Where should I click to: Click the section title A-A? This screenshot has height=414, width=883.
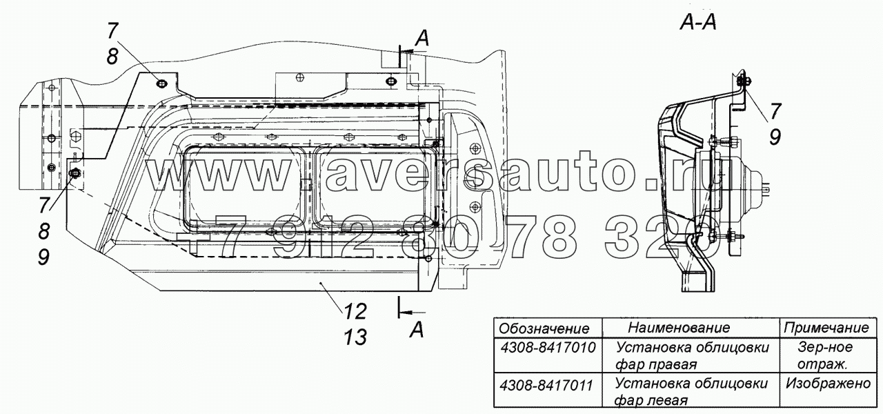pos(698,23)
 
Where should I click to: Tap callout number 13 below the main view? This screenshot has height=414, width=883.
pos(355,337)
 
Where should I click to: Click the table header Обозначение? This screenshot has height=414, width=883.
pos(544,328)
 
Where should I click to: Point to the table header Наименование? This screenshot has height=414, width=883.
pos(679,327)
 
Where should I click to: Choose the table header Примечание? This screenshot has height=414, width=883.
pos(826,328)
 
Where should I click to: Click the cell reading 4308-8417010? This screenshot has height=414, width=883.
pos(548,348)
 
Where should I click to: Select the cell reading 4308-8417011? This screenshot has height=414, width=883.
pos(546,385)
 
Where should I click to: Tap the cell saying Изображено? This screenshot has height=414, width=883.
pos(829,383)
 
